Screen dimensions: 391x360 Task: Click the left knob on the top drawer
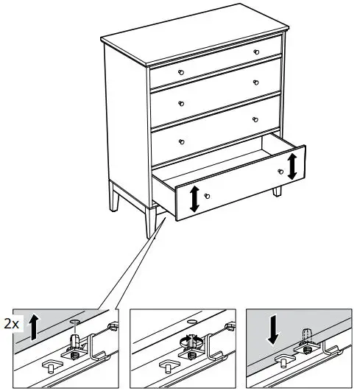tap(180, 71)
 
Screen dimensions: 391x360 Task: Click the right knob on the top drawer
tap(256, 52)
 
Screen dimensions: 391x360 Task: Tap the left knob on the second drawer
tap(180, 102)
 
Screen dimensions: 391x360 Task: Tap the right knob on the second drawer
tap(256, 82)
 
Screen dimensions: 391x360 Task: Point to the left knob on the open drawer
tap(208, 196)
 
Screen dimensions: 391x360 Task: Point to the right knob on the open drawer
tap(280, 172)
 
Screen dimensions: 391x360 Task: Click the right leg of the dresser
tap(278, 191)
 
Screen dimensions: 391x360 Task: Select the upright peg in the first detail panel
tap(74, 340)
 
